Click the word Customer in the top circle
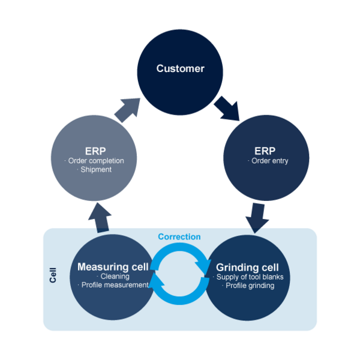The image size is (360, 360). click(180, 68)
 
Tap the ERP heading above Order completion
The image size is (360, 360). click(95, 150)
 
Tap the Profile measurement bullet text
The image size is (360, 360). click(114, 285)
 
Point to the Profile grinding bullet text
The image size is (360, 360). click(248, 286)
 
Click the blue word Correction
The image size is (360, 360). click(179, 237)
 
